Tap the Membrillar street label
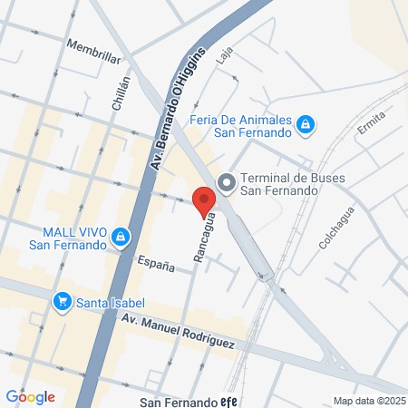point(93,51)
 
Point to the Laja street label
point(225,53)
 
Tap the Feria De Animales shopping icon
point(306,122)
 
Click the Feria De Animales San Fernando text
point(242,126)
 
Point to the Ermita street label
point(371,121)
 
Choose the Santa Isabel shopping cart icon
point(63,300)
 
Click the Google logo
point(30,396)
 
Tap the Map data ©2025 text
point(369,400)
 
